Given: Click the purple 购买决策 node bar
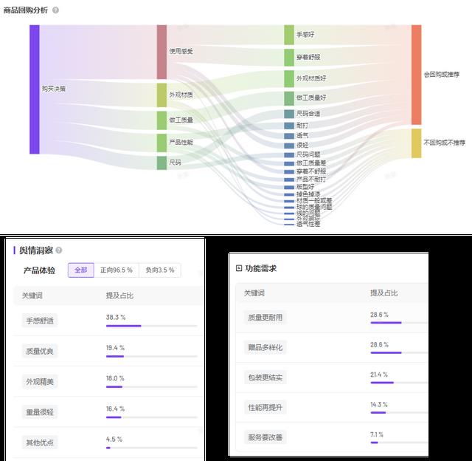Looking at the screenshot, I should point(34,89).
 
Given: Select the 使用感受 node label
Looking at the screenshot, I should point(181,51).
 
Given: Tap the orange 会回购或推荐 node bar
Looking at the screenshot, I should point(416,74).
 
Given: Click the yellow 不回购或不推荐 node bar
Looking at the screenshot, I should point(416,143).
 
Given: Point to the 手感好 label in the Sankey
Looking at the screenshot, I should point(305,35).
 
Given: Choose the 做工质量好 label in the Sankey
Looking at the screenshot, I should point(310,98).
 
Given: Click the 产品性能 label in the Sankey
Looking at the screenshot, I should point(181,142).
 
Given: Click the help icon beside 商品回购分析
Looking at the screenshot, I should point(56,10).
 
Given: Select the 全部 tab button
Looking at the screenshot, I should point(80,270).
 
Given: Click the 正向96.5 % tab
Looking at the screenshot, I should point(117,270).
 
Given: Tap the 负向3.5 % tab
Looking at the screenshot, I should point(159,270).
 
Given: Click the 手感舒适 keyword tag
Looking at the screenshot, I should point(41,321).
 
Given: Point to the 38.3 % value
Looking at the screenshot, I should point(115,317).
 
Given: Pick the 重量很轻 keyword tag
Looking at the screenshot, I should point(41,412).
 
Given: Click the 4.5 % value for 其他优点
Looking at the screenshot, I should point(114,439).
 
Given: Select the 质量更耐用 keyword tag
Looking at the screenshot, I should point(265,317).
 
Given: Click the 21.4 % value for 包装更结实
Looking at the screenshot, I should point(378,375).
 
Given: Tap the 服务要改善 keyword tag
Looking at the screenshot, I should point(265,437).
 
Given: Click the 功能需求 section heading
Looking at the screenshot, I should point(261,269).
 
